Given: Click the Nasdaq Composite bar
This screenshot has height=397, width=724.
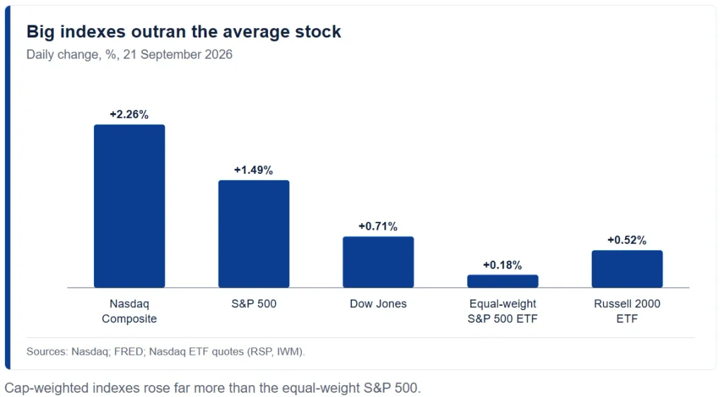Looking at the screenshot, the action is tap(129, 206).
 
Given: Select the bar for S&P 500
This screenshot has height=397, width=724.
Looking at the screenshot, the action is tap(254, 234).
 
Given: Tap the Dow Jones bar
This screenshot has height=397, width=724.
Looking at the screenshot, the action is tap(378, 262).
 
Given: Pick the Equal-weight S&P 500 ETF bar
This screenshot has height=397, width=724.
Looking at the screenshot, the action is tap(503, 281).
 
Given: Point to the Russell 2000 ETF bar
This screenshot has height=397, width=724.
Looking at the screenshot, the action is tap(627, 269).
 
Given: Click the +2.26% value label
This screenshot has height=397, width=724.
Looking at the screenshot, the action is tap(129, 114).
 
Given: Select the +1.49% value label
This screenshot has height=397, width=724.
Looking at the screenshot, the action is tap(254, 170).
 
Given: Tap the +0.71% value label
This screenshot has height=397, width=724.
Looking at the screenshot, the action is tap(378, 226).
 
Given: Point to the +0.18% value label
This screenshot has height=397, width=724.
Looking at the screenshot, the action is tap(503, 265).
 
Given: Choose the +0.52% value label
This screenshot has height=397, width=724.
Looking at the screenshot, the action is tap(627, 240).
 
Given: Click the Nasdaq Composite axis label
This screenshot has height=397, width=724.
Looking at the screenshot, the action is tap(129, 312).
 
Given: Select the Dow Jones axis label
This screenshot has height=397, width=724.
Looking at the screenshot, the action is tap(378, 304).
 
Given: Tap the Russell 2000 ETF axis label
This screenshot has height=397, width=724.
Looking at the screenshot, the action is tap(627, 312).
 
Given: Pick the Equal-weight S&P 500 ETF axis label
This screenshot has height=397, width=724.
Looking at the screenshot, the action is tap(503, 312).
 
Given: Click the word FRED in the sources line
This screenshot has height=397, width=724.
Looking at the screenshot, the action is tap(129, 352).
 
